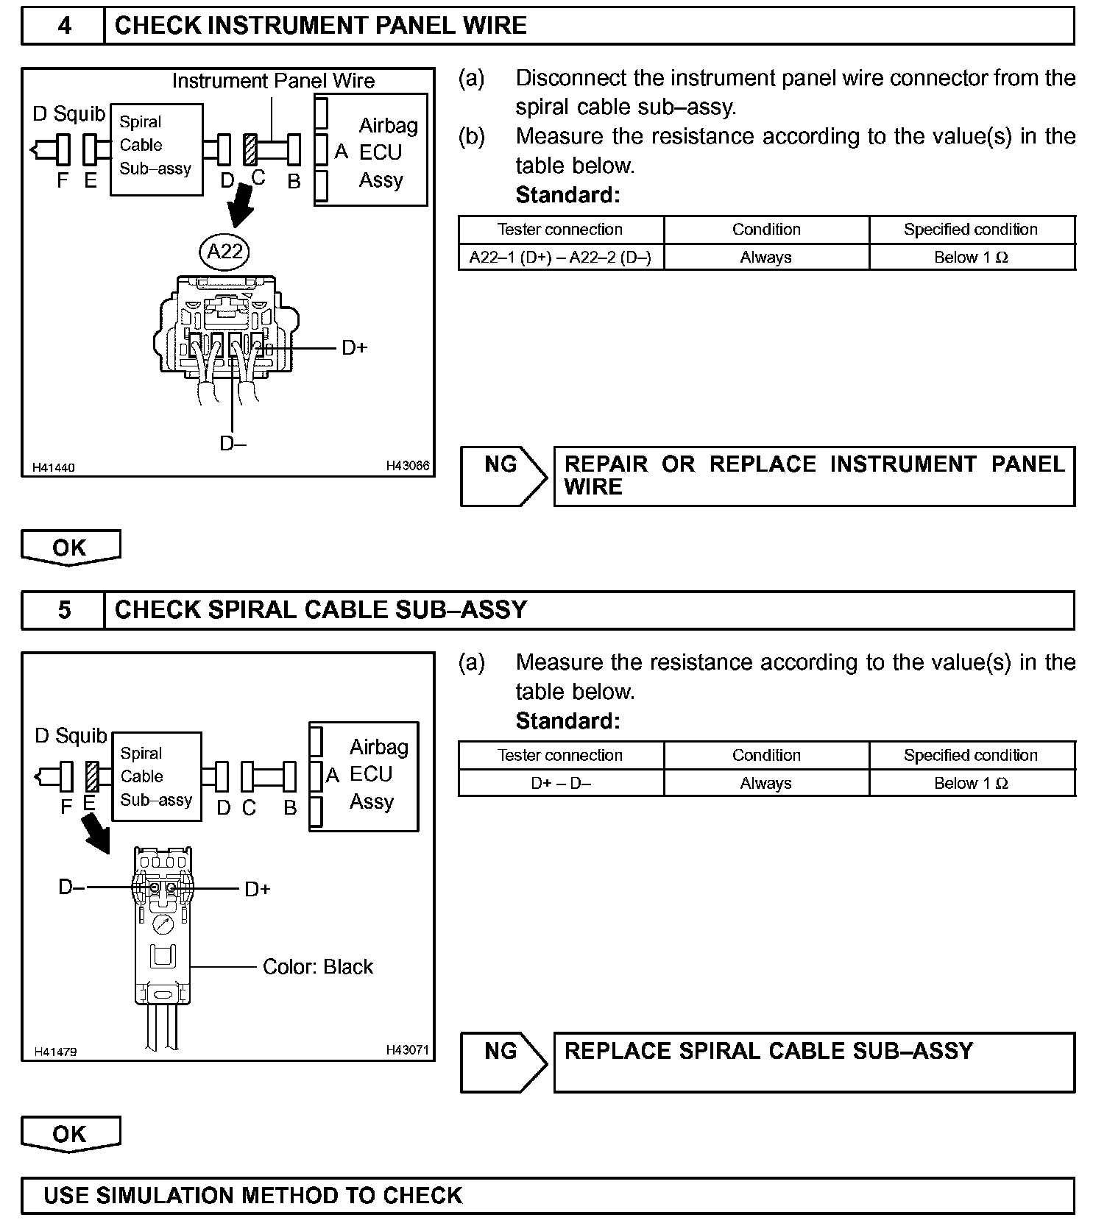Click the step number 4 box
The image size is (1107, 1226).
click(x=64, y=26)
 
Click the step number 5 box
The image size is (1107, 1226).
click(x=64, y=610)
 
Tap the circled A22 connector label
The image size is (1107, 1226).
click(x=224, y=252)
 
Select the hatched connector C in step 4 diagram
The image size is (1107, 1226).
click(x=250, y=149)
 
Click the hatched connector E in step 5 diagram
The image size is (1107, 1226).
click(x=92, y=776)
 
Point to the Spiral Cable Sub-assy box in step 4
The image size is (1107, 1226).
click(x=156, y=149)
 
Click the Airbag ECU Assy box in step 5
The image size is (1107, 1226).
click(x=364, y=776)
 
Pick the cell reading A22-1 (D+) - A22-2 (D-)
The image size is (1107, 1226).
click(x=560, y=258)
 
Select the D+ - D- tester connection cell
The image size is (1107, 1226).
click(x=560, y=783)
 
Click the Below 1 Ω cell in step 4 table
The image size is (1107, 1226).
click(x=972, y=258)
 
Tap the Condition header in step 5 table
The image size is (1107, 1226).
click(x=765, y=755)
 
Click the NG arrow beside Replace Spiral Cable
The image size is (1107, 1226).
click(x=503, y=1061)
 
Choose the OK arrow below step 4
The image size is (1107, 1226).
click(x=70, y=548)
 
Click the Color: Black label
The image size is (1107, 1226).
click(x=317, y=966)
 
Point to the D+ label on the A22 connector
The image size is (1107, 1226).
click(x=354, y=347)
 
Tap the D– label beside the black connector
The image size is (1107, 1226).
click(x=71, y=887)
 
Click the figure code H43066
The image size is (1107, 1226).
click(x=407, y=466)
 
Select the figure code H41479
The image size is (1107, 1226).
click(x=55, y=1052)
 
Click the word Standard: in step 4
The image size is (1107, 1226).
click(x=567, y=195)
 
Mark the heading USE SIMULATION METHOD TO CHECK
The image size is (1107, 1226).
click(x=252, y=1195)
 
